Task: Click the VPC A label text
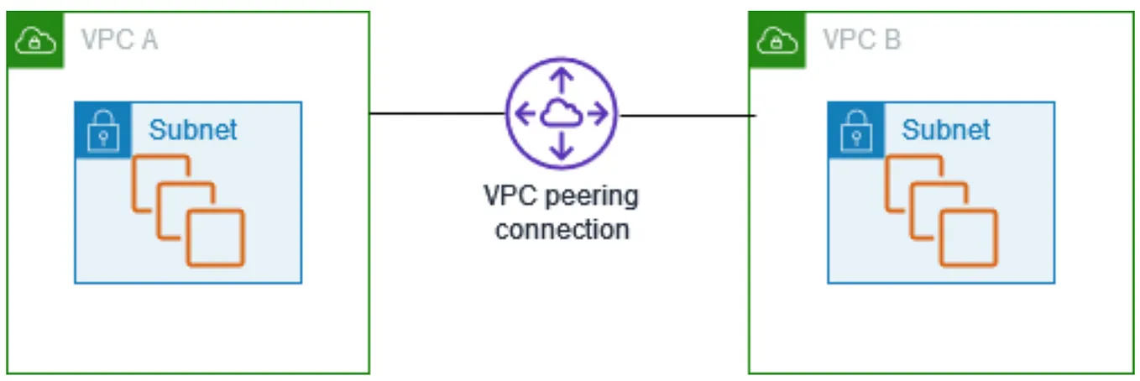[x=118, y=39]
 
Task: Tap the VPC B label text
[x=861, y=39]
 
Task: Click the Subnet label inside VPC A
[x=193, y=130]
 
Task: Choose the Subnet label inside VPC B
[x=946, y=130]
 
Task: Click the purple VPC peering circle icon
[x=561, y=113]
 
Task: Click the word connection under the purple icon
[x=562, y=229]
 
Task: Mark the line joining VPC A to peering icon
[x=437, y=112]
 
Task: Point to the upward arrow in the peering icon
[x=562, y=81]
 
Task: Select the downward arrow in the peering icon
[x=562, y=148]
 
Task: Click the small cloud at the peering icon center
[x=561, y=114]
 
